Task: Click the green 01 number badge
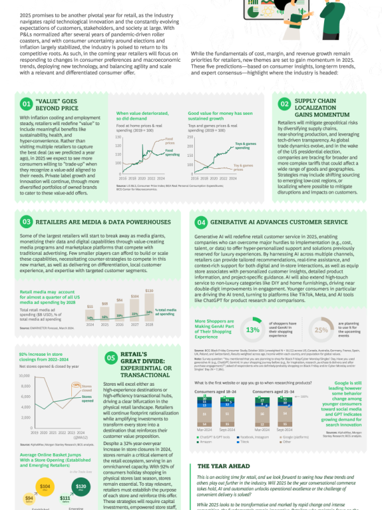pos(26,103)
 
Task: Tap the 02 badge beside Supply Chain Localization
pos(285,103)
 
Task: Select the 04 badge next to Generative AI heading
pos(201,222)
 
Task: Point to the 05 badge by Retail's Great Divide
pos(111,359)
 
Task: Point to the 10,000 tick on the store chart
pos(25,376)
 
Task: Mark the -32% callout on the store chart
pos(76,385)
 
